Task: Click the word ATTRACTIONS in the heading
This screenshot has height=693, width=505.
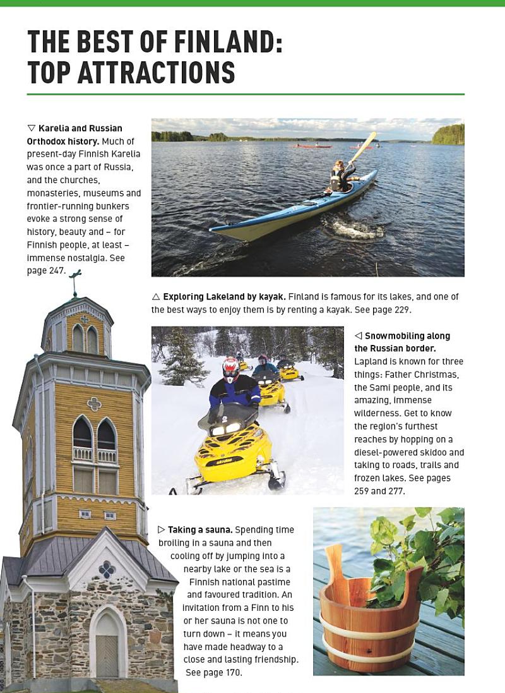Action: pyautogui.click(x=156, y=73)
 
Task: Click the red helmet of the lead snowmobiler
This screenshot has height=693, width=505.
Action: pyautogui.click(x=231, y=365)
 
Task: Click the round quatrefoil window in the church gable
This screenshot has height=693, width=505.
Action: pyautogui.click(x=107, y=569)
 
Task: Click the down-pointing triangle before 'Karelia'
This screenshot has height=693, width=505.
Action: pyautogui.click(x=31, y=128)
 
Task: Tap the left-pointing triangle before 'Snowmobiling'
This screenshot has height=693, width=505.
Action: pyautogui.click(x=358, y=335)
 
